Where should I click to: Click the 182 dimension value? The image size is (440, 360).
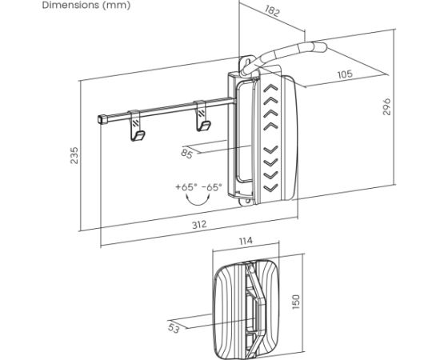coord(272,11)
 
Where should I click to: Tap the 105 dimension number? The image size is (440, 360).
coord(345,74)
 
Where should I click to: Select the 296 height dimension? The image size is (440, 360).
coord(386,106)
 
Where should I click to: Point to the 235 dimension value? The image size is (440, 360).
coord(74,155)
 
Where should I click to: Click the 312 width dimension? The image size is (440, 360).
coord(199,225)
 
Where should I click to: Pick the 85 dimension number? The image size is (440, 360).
coord(187,154)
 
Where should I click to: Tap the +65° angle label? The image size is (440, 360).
coord(186,187)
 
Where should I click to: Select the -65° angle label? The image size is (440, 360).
coord(212,187)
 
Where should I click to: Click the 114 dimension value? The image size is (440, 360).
coord(246,241)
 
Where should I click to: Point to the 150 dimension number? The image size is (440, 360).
coord(296,302)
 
